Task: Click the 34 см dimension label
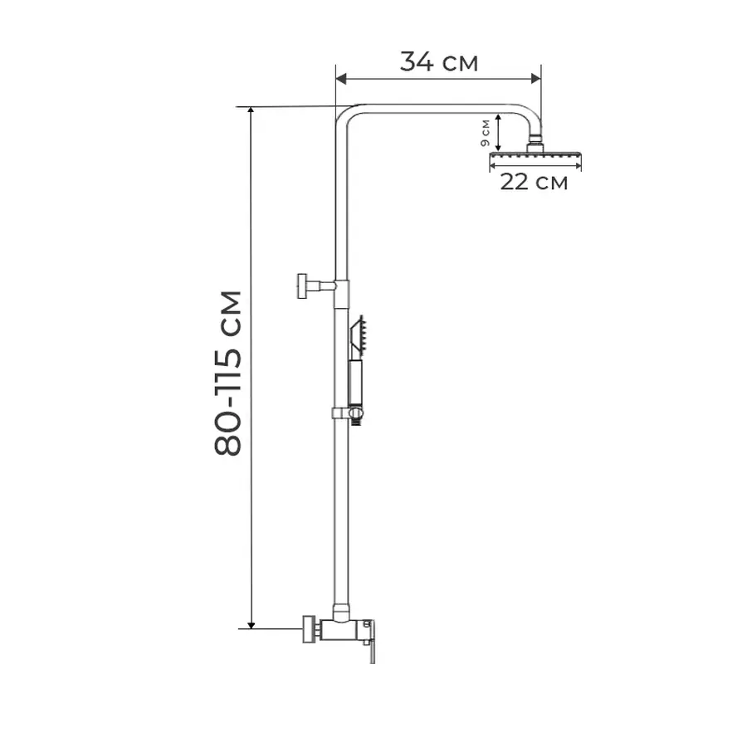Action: click(439, 61)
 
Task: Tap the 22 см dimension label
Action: click(534, 182)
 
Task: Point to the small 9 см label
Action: click(485, 131)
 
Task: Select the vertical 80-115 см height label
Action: click(228, 373)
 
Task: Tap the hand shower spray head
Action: click(361, 334)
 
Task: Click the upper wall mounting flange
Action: click(300, 286)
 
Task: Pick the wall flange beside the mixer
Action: click(310, 628)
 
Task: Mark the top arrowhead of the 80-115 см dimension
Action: click(251, 111)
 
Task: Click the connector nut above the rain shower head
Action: click(536, 142)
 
